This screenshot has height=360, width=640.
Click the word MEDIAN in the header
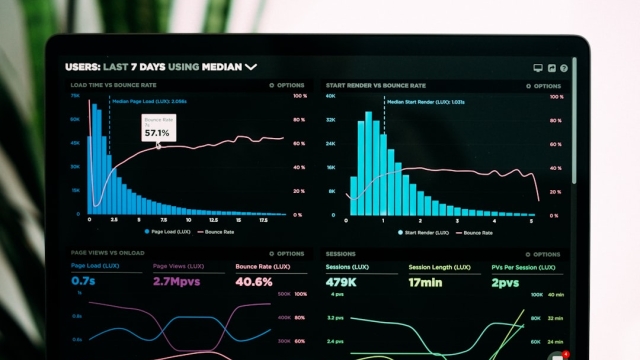222,67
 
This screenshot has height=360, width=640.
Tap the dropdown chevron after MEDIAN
251,67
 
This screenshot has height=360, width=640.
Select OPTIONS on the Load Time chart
289,86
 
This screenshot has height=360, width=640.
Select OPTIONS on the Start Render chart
545,86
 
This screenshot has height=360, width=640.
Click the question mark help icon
564,68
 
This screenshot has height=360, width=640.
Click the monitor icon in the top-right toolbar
538,68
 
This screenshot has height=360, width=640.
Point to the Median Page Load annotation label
149,101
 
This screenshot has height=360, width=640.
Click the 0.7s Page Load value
84,282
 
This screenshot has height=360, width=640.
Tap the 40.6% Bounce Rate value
254,282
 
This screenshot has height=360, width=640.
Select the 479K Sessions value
343,282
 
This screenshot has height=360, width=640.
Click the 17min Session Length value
424,282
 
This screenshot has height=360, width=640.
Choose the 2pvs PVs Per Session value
506,282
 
